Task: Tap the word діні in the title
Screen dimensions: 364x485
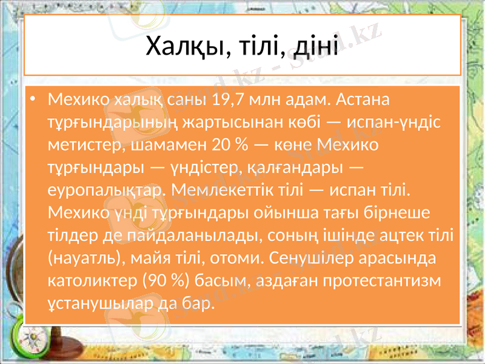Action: pos(316,47)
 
